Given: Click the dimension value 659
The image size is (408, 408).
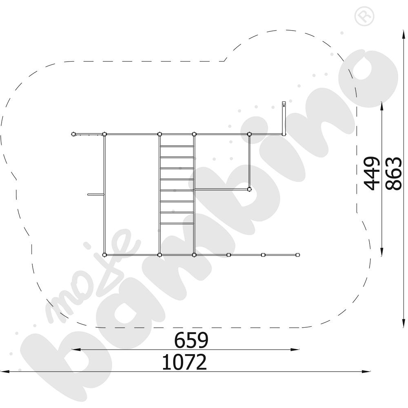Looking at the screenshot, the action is tap(191, 340).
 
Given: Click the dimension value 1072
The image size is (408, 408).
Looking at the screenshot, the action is tap(184, 362).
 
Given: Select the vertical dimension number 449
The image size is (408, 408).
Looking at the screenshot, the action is tap(371, 173).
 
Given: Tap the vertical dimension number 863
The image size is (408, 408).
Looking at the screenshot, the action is tap(394, 173).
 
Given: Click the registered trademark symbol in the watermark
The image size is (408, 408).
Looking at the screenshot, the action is tap(364, 16).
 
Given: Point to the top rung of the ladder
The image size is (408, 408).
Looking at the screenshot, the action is tap(177, 146).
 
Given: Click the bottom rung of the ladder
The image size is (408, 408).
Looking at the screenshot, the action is tap(177, 223).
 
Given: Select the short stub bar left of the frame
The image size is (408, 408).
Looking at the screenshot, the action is tap(96, 194).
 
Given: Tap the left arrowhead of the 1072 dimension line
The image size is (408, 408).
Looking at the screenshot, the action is tap(5, 372).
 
